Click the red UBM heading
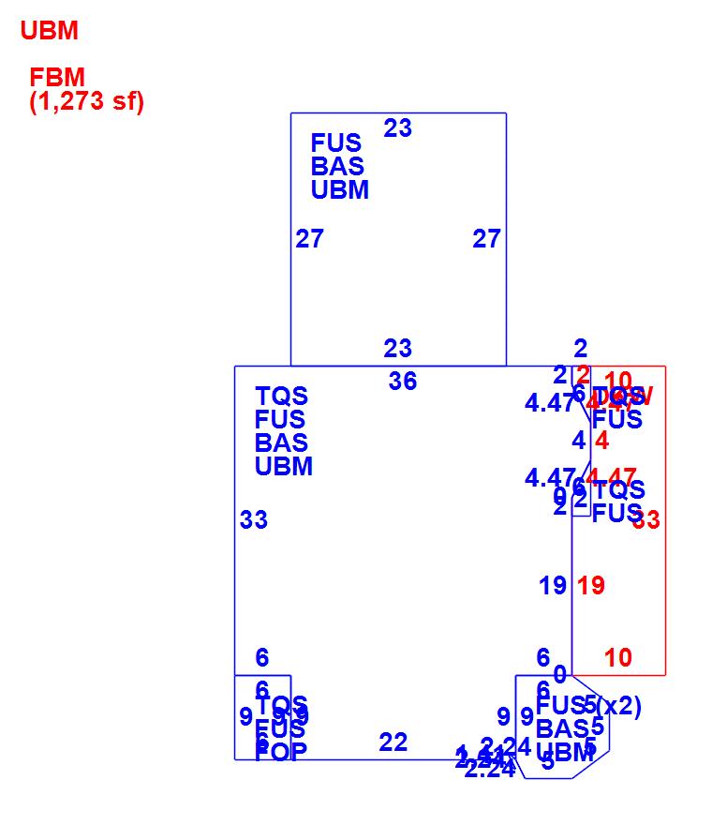pyautogui.click(x=49, y=31)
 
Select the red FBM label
pyautogui.click(x=57, y=78)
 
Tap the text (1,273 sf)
pyautogui.click(x=87, y=101)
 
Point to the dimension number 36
pyautogui.click(x=403, y=382)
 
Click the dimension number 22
pyautogui.click(x=393, y=742)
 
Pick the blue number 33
pyautogui.click(x=254, y=519)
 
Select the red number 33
pyautogui.click(x=646, y=520)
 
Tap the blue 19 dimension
pyautogui.click(x=553, y=586)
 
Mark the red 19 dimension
pyautogui.click(x=591, y=586)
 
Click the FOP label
pyautogui.click(x=280, y=752)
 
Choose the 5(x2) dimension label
pyautogui.click(x=613, y=706)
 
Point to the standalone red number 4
pyautogui.click(x=601, y=441)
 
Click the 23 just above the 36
pyautogui.click(x=397, y=349)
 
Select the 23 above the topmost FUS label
pyautogui.click(x=397, y=128)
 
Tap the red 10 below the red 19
pyautogui.click(x=618, y=658)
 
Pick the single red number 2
pyautogui.click(x=583, y=374)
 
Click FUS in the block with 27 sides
pyautogui.click(x=336, y=143)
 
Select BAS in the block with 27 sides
pyautogui.click(x=337, y=167)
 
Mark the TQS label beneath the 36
pyautogui.click(x=281, y=397)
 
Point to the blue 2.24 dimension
pyautogui.click(x=489, y=771)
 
